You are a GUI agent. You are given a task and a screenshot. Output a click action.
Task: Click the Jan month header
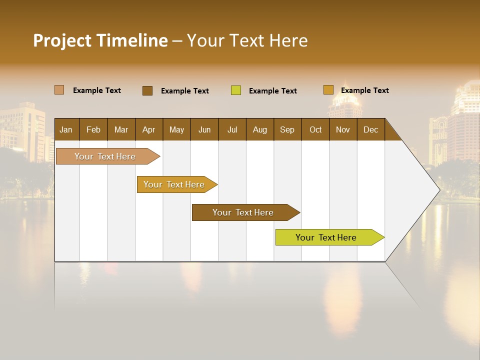click(66, 130)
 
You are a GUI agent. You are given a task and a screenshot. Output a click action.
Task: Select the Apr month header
click(148, 130)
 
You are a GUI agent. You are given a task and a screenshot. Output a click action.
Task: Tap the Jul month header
click(232, 130)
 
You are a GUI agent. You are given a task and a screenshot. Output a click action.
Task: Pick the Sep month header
click(287, 130)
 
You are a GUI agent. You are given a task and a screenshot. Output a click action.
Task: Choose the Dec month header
click(370, 130)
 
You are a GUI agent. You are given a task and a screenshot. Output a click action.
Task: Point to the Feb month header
click(93, 130)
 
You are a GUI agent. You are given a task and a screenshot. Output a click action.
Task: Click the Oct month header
click(315, 130)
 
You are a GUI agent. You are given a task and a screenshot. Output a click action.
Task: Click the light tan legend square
click(59, 90)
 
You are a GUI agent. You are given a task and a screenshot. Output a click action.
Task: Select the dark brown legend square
click(147, 90)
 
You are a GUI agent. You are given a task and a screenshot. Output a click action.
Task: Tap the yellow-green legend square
click(236, 90)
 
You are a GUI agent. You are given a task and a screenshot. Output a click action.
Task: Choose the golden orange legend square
click(328, 90)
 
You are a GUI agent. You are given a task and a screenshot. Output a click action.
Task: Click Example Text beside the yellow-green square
click(273, 91)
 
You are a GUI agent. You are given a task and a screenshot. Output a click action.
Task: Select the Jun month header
click(204, 130)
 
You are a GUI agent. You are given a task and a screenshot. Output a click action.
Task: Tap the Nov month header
click(343, 130)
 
